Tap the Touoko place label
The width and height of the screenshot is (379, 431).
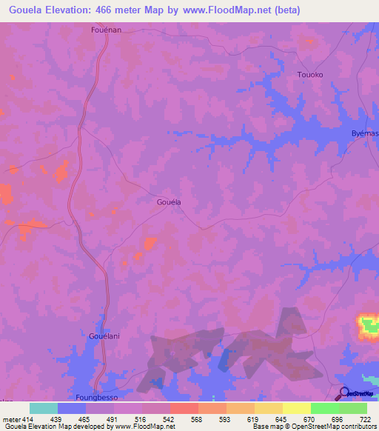point(309,75)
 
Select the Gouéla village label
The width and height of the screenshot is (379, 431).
point(169,201)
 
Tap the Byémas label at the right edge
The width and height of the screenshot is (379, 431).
point(364,133)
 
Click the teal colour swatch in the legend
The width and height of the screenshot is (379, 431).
point(43,408)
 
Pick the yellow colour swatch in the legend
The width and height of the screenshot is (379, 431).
point(296,408)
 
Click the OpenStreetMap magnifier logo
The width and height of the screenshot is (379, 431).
point(343,394)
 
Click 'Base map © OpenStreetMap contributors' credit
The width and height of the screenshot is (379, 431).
point(314,427)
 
